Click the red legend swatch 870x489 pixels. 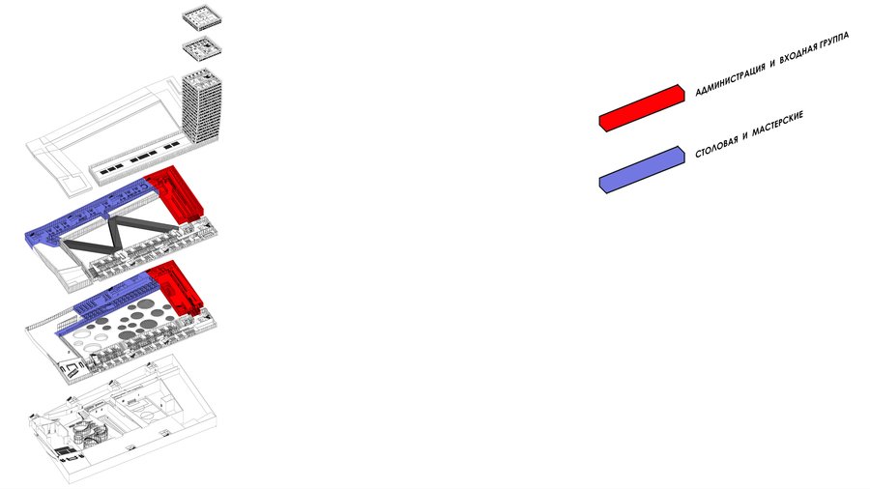(x=642, y=108)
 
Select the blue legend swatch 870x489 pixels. (x=642, y=170)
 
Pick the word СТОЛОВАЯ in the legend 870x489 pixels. (x=716, y=146)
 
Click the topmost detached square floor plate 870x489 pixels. (x=202, y=17)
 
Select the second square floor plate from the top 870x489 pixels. (x=202, y=47)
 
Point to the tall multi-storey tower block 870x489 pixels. (x=202, y=105)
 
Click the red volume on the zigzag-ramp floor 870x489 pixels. (x=175, y=194)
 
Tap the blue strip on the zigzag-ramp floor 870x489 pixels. (x=89, y=214)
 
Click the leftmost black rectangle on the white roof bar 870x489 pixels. (x=103, y=172)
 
